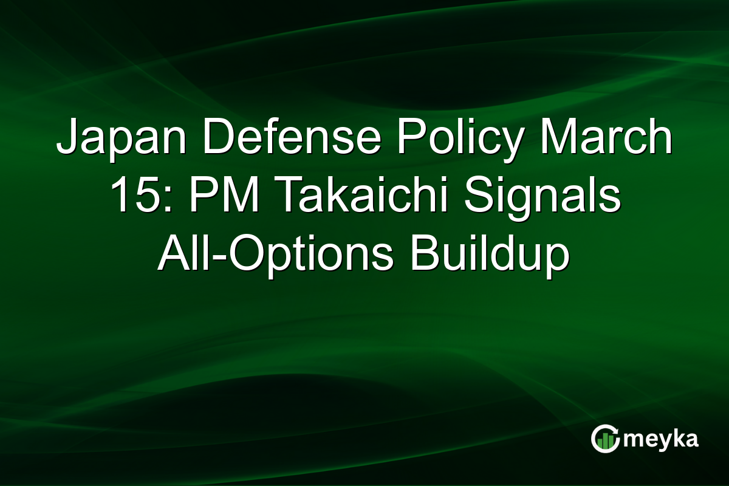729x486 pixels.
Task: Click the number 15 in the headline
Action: (x=129, y=197)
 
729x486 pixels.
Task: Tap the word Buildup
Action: (x=490, y=256)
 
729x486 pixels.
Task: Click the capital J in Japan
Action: (x=66, y=139)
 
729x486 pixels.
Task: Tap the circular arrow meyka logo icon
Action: (x=605, y=439)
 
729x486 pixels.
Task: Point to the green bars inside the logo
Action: (x=605, y=442)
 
